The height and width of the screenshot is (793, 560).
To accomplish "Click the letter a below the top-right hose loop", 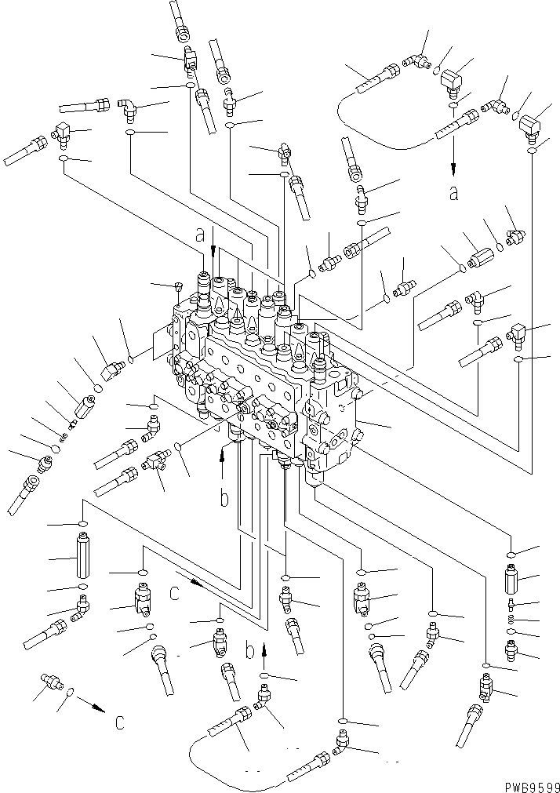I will (453, 192).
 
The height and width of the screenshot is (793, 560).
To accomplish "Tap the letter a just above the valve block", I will (201, 234).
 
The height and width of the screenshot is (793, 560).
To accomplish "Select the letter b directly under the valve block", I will (224, 499).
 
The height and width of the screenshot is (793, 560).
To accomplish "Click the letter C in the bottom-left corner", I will (118, 722).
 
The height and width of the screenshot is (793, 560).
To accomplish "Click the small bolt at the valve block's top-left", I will (179, 287).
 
